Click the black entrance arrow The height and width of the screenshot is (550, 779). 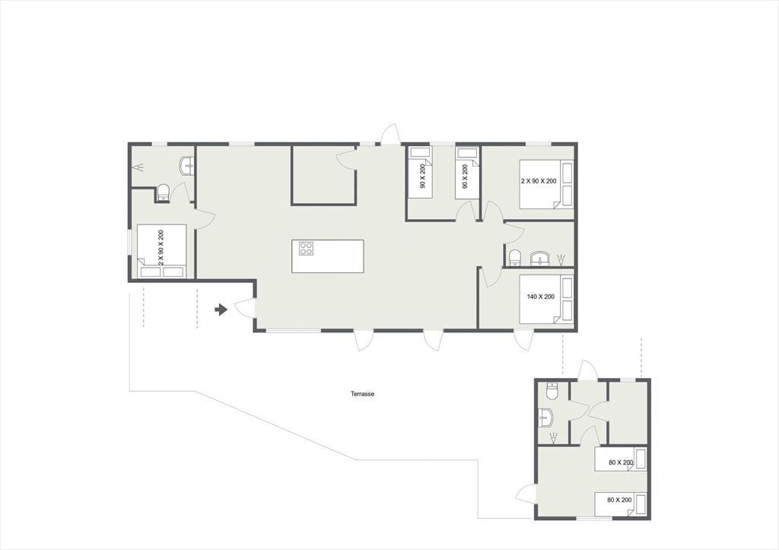click(x=221, y=310)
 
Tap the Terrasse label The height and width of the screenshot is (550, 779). click(x=363, y=394)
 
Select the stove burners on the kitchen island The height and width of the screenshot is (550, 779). click(x=306, y=248)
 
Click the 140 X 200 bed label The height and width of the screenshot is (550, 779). click(x=541, y=297)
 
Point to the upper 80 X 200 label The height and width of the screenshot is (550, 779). click(x=621, y=463)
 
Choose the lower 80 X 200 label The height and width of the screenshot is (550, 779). click(x=619, y=500)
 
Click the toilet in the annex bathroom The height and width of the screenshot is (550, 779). click(x=552, y=391)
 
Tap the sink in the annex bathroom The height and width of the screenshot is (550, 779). click(x=545, y=418)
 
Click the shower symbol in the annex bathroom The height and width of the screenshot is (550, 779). click(x=553, y=437)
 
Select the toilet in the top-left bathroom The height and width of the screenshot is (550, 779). click(x=164, y=192)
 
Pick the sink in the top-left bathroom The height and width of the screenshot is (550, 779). click(x=187, y=165)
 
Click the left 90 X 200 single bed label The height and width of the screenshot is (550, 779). click(x=423, y=176)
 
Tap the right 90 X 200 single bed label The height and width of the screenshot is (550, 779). click(x=465, y=176)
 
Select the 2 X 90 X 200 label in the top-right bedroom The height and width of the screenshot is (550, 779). click(x=539, y=181)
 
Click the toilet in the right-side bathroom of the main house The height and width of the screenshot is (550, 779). click(x=515, y=257)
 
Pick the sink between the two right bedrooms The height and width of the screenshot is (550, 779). click(x=539, y=259)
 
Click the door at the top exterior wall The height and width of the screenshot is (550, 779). click(x=390, y=134)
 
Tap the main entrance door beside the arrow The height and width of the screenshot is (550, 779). click(x=246, y=308)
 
